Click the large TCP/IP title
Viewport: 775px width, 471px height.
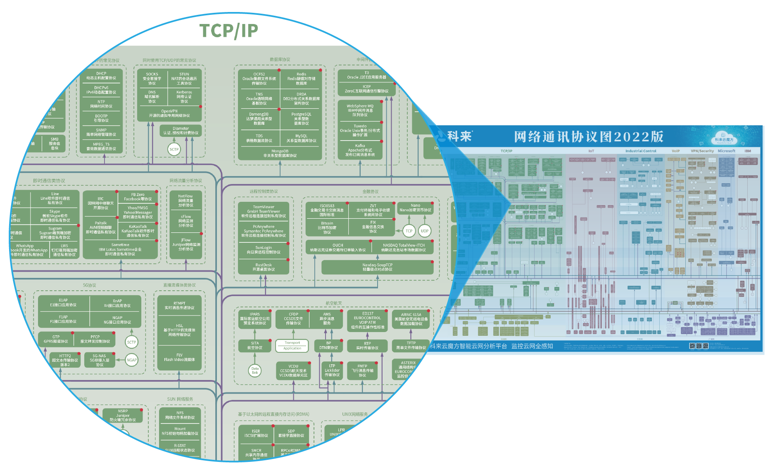[228, 31]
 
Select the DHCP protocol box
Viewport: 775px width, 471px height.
[101, 76]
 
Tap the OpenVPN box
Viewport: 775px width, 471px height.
[169, 113]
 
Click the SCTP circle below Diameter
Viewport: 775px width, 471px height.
[174, 149]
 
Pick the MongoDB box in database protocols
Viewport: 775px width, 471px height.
[280, 153]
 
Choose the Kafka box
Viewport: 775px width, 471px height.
[360, 150]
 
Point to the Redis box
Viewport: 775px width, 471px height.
[301, 79]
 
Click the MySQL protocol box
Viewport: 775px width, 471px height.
[301, 138]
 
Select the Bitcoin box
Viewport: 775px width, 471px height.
[327, 227]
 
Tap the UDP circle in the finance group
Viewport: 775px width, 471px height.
[424, 231]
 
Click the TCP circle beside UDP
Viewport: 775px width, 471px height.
[409, 231]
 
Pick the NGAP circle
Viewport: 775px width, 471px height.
[131, 360]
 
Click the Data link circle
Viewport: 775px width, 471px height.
[255, 371]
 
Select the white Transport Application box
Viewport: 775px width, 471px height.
[292, 345]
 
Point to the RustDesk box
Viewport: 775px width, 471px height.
[264, 267]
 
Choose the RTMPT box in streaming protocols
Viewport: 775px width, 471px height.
[179, 305]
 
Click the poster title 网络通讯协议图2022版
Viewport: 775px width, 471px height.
[588, 136]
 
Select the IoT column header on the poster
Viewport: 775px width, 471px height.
[591, 151]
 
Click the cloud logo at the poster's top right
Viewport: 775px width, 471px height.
[724, 137]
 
